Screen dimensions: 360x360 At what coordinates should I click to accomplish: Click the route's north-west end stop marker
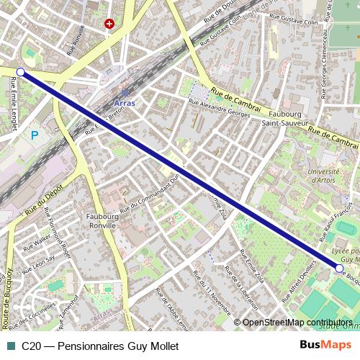(x=20, y=72)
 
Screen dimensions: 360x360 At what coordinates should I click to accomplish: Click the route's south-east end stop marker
(x=339, y=269)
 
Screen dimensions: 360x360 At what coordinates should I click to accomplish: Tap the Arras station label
(x=125, y=102)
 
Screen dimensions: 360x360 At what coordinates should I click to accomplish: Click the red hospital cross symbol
(x=109, y=24)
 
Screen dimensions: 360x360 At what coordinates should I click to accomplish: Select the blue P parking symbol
(x=34, y=135)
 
